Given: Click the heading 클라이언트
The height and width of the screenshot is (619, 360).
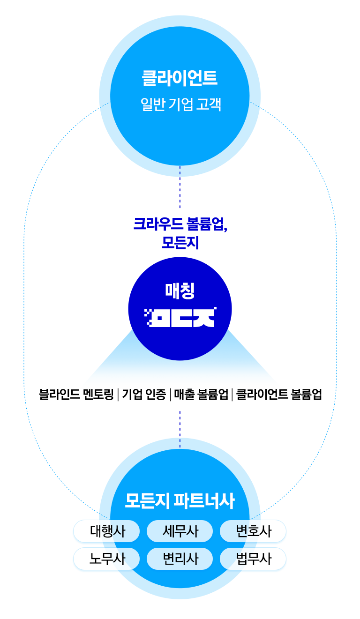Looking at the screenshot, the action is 180,78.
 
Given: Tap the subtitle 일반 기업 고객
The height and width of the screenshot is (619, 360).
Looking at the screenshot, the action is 180,104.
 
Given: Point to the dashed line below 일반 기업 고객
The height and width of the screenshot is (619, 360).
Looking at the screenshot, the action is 180,186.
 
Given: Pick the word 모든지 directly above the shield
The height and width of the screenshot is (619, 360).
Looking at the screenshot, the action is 180,242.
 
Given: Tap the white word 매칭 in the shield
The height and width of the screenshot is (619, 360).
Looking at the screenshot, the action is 180,290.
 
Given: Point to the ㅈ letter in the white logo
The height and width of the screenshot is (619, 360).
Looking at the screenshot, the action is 205,317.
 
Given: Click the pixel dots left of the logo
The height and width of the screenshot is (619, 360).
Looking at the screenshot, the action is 149,317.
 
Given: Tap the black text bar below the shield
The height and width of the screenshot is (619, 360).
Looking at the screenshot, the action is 180,395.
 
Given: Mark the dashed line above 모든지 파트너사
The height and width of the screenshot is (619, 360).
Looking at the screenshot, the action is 180,429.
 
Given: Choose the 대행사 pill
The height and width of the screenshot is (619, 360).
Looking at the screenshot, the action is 107,531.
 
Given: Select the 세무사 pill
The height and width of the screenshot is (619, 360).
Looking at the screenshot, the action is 180,531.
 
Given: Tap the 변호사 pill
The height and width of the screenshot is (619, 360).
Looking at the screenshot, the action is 253,531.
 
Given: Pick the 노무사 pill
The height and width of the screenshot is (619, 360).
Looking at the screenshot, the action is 107,559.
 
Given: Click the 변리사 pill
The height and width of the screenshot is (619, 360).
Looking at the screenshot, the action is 180,559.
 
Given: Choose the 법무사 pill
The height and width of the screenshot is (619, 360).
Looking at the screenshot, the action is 253,559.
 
